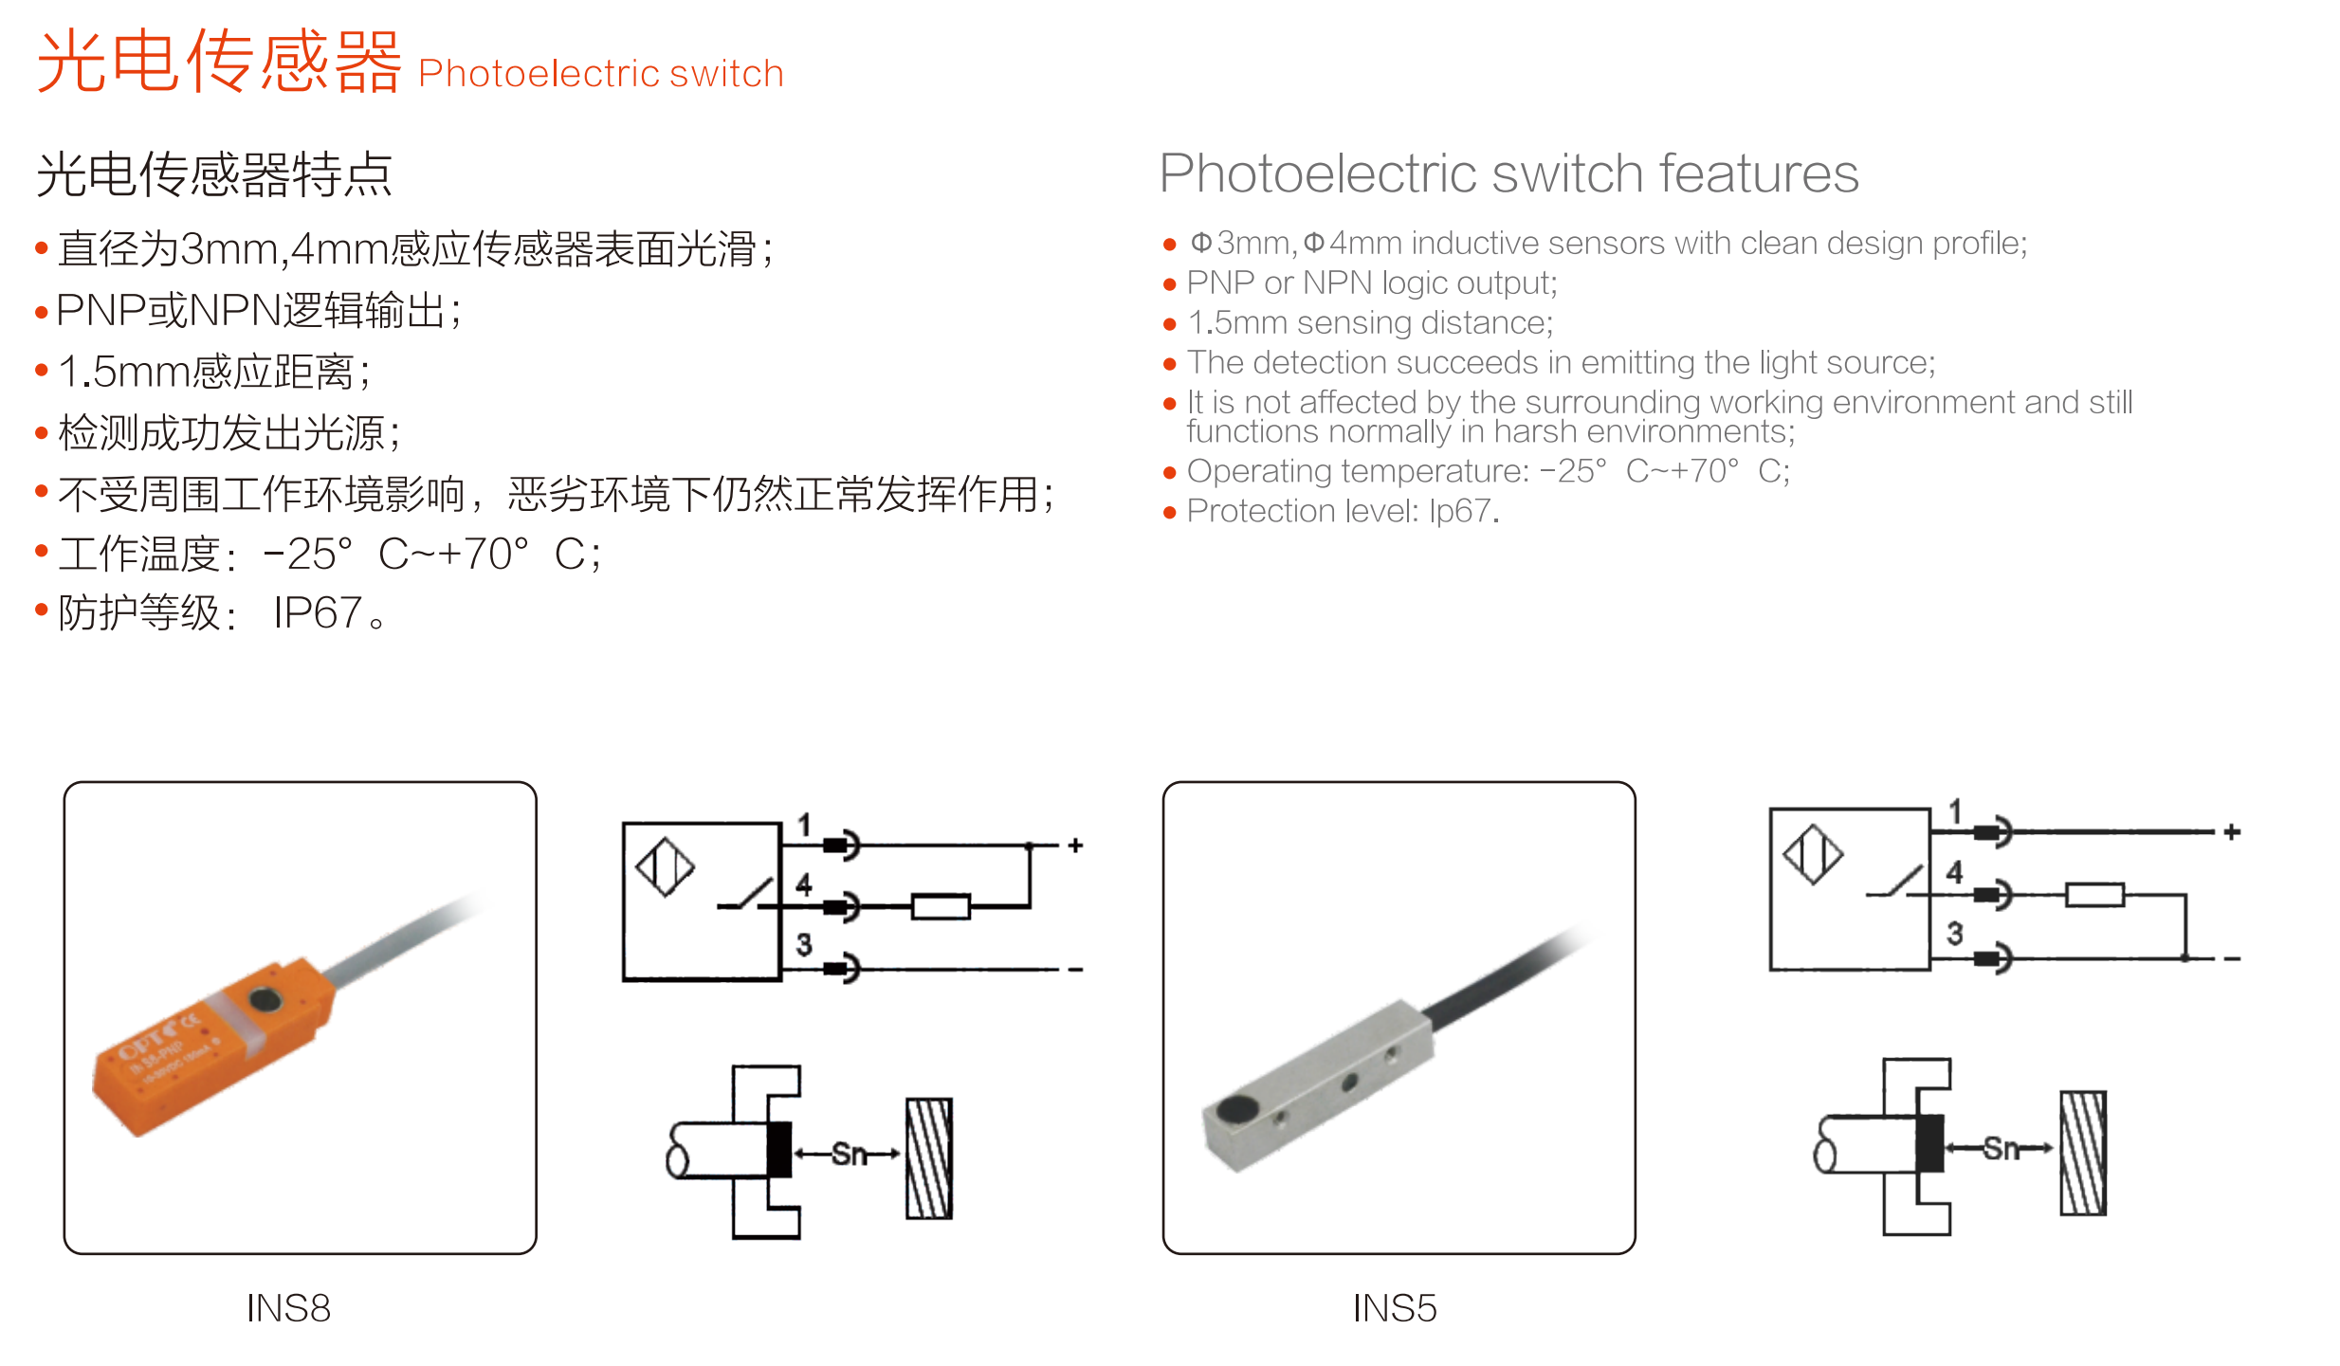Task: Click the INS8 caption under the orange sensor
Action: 288,1308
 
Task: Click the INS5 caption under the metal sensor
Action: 1395,1308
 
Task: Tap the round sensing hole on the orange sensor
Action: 263,999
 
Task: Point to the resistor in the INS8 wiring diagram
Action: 941,907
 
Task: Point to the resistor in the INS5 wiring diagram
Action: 2094,894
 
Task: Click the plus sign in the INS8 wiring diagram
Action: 1075,845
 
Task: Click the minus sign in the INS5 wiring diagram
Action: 2232,959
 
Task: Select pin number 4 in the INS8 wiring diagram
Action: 804,884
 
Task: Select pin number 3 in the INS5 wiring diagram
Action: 1954,934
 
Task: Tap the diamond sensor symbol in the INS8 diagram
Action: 665,866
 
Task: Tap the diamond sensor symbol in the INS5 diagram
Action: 1813,854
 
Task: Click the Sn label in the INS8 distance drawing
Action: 850,1154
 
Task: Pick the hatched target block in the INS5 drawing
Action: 2083,1153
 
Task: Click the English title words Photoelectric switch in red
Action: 601,74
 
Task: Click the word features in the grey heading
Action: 1759,173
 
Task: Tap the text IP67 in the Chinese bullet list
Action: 318,612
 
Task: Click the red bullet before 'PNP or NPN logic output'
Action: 1169,283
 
